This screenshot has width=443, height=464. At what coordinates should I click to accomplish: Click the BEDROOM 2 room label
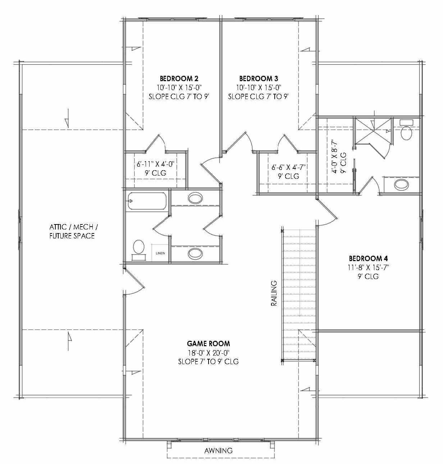pos(179,78)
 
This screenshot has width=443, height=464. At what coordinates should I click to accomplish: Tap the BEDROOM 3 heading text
pos(259,78)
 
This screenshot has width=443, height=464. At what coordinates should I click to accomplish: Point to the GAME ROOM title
pos(209,344)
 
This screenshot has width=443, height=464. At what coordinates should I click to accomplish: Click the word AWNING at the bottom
pos(218,450)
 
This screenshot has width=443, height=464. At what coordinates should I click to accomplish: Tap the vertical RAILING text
pos(274,293)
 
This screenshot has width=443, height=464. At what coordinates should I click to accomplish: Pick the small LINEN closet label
pos(160,253)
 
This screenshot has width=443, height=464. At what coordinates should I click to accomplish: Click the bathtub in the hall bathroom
pos(146,201)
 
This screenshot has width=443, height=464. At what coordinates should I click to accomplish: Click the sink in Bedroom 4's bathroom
pos(401,185)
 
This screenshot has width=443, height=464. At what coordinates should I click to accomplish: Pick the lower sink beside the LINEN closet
pos(195,254)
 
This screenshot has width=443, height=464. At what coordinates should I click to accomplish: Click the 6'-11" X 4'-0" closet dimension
pos(155,164)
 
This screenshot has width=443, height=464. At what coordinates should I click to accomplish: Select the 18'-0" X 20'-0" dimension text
pos(209,353)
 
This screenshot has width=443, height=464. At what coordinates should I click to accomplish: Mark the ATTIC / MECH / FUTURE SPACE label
pos(72,231)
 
